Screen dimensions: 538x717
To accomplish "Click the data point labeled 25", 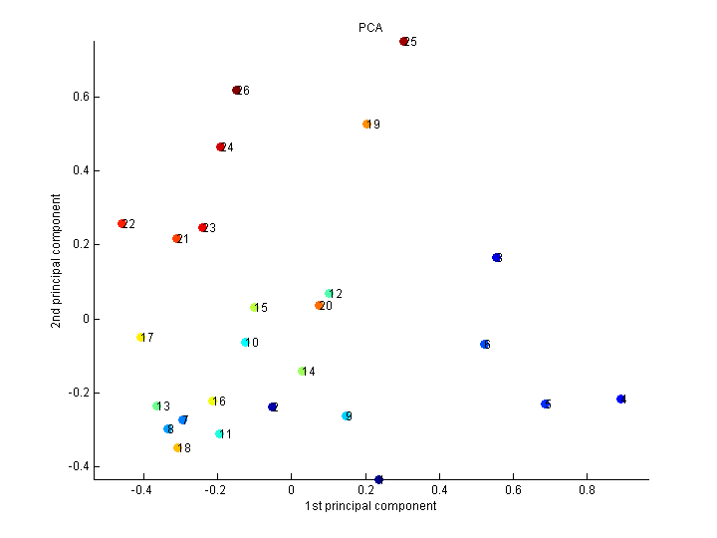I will pos(403,42).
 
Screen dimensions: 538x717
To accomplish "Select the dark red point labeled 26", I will pos(236,91).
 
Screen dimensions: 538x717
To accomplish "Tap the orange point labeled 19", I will pos(366,125).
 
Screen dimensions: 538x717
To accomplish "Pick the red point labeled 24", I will pos(221,147).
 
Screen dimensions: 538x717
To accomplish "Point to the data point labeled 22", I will pos(122,224).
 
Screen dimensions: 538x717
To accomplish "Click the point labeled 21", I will pos(176,239).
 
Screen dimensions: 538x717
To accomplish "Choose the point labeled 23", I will pos(202,228).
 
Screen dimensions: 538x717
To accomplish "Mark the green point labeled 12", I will pos(329,294).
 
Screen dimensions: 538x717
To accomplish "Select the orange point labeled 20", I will pos(319,306).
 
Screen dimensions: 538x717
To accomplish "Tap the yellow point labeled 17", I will pos(140,338).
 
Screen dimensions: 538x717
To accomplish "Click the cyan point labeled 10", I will pos(245,343).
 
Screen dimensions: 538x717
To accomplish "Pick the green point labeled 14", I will pos(302,372).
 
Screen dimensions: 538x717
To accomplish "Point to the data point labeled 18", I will pos(177,448).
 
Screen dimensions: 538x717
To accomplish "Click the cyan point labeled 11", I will pos(219,434).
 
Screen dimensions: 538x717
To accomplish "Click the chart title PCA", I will pos(370,28).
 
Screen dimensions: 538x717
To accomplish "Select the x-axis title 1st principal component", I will pos(370,506).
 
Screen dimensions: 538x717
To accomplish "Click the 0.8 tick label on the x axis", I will pos(587,490).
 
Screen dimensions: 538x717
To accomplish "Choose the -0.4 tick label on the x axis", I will pos(142,490).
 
